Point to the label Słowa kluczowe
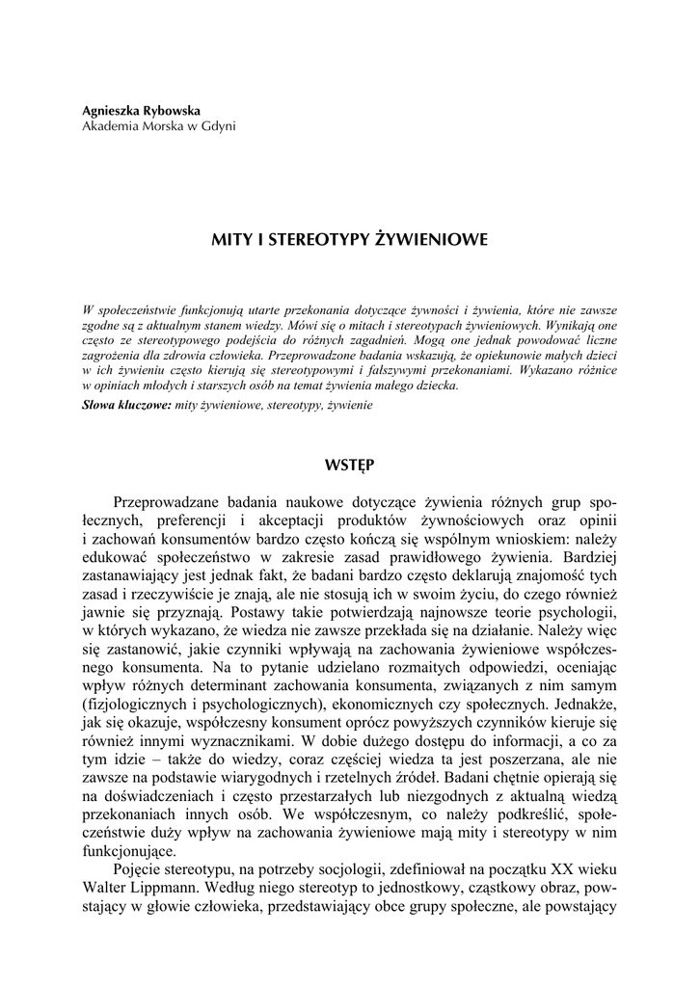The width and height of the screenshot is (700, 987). coord(126,406)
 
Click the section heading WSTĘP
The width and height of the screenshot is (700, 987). coord(350,465)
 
